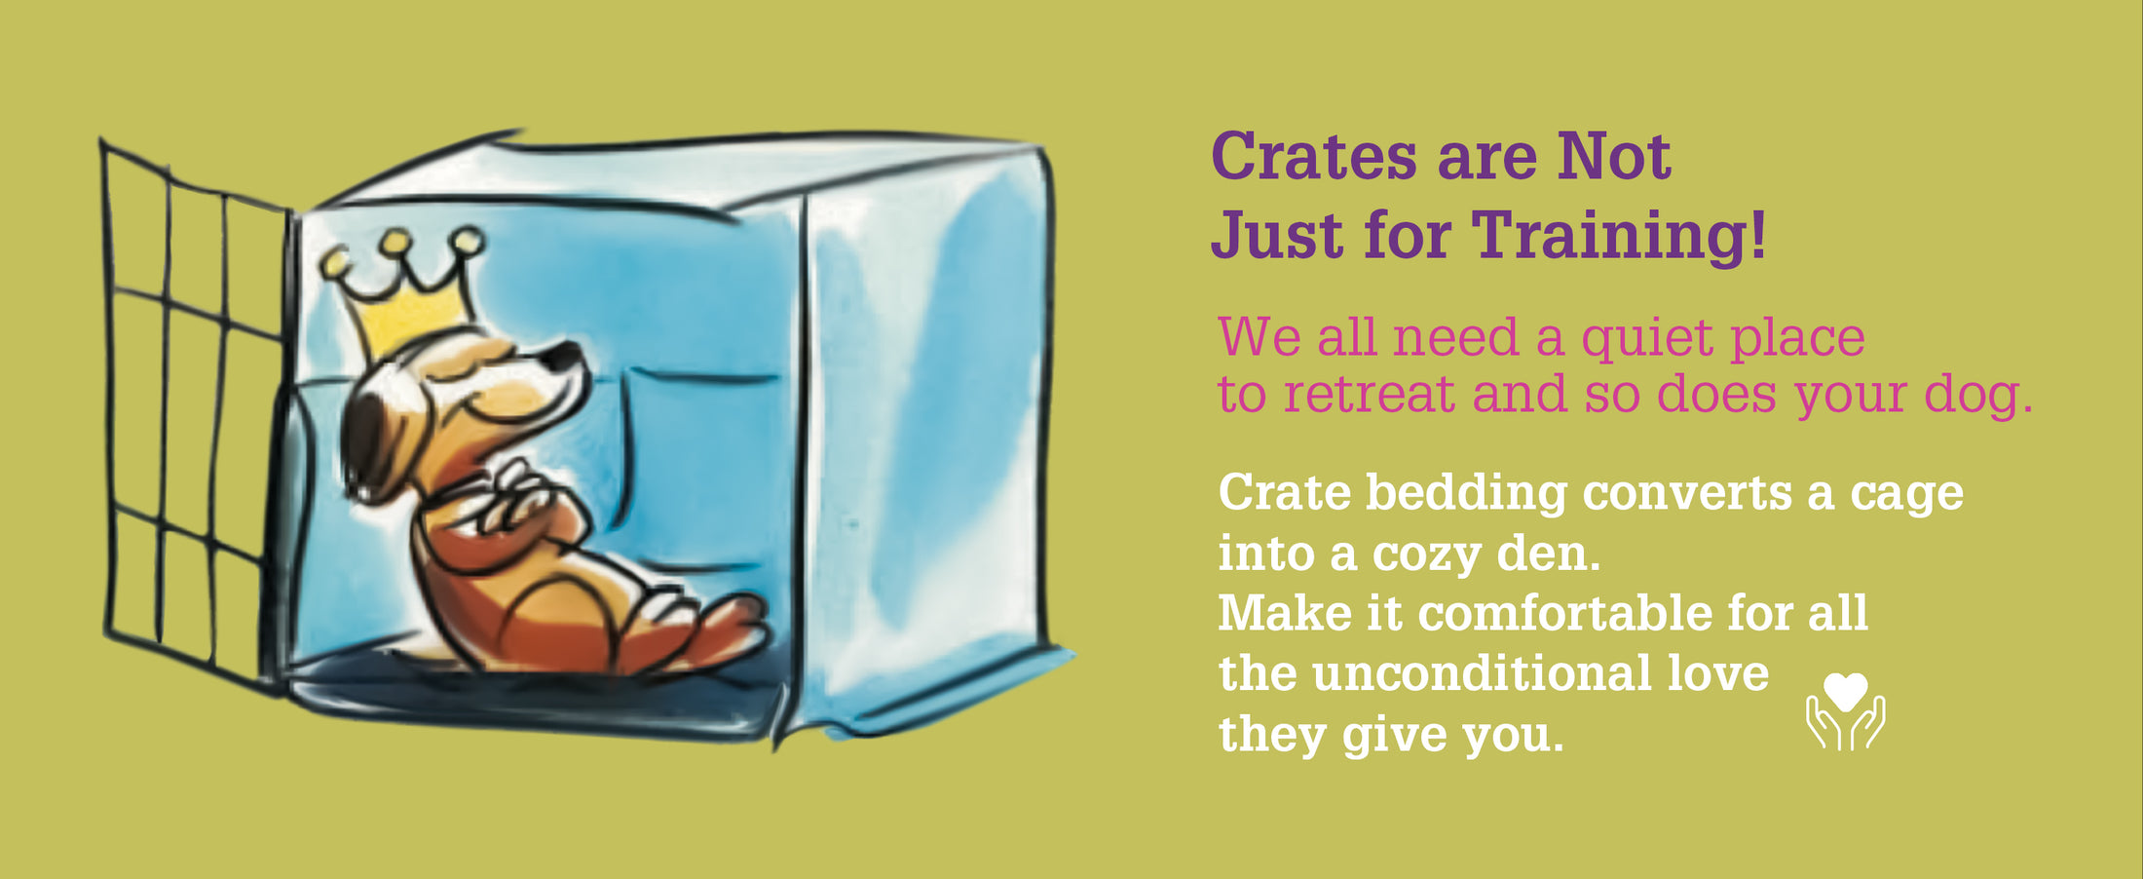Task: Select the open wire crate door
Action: pos(195,414)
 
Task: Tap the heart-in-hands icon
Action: pos(1845,711)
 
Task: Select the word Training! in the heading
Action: pos(1618,236)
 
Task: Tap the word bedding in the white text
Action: pos(1466,493)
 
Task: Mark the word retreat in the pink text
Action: pos(1370,396)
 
